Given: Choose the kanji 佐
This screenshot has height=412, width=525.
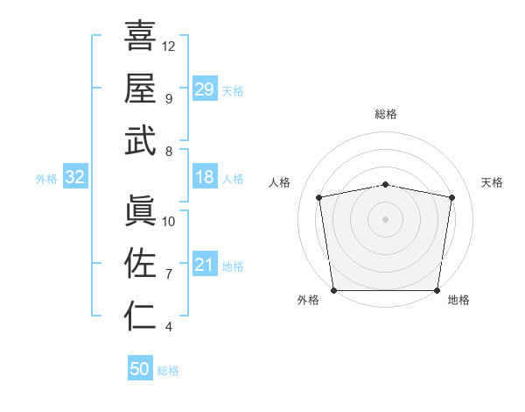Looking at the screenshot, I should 140,262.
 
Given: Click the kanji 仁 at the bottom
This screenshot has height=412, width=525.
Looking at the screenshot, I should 140,315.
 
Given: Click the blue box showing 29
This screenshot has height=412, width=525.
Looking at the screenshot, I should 205,89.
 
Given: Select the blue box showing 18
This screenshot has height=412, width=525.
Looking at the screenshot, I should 205,177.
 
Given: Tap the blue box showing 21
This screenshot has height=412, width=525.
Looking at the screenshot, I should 205,265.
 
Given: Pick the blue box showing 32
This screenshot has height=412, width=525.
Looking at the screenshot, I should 75,177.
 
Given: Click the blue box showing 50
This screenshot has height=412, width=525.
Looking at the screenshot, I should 140,369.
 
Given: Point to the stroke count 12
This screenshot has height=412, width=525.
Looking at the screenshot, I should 169,46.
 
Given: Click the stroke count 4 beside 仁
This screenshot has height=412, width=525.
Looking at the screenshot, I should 168,327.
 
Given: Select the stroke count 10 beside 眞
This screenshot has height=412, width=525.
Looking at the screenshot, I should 169,221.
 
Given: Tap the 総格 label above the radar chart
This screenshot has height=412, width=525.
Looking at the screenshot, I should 386,114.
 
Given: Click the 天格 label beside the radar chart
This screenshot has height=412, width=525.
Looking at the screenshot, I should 493,182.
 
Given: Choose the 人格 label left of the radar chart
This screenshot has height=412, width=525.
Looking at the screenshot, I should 280,182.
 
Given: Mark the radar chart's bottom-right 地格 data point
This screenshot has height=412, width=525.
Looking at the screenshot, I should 437,290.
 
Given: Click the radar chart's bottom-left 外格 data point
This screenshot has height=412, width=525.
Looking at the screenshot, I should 334,290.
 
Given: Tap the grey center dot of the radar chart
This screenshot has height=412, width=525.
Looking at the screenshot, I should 386,218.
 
